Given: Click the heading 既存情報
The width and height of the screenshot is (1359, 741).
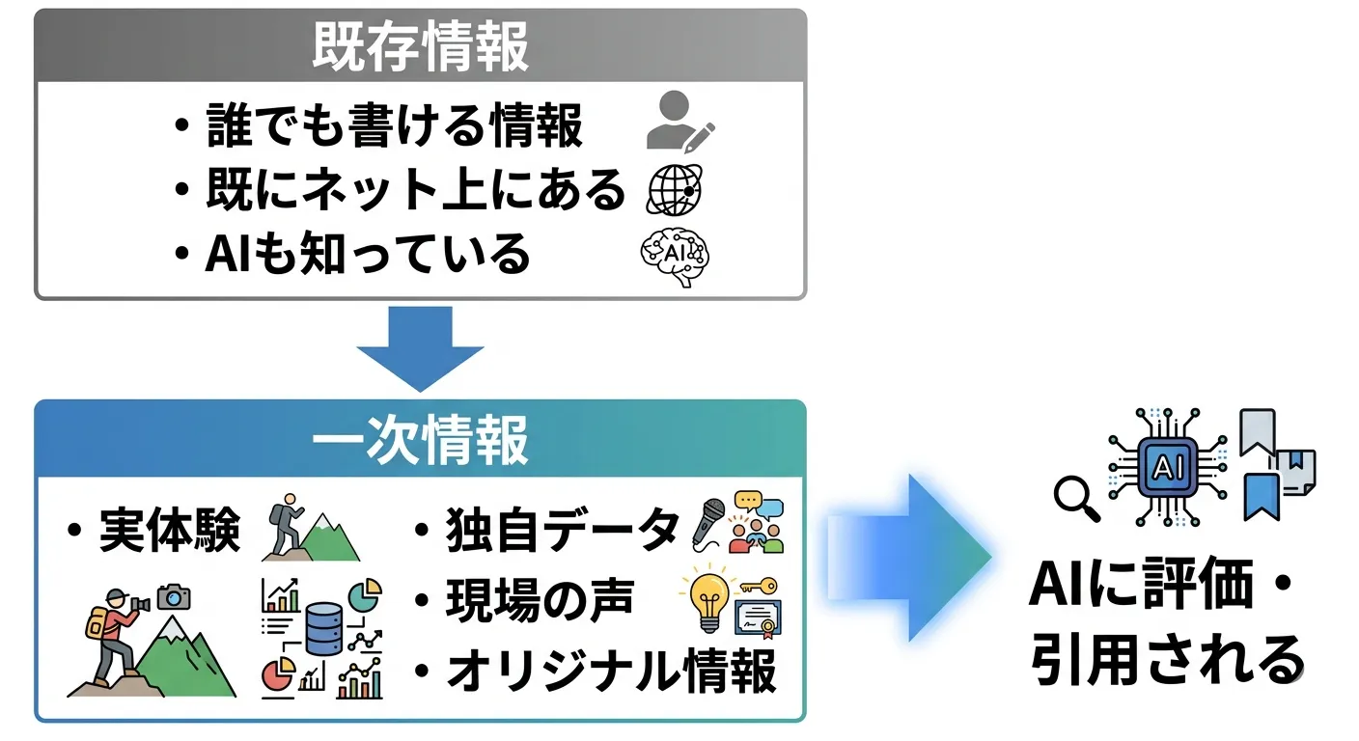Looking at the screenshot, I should tap(420, 46).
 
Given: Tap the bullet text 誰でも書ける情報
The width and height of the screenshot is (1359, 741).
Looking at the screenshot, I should tap(394, 126).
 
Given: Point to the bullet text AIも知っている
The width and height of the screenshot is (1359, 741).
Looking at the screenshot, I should tap(368, 253).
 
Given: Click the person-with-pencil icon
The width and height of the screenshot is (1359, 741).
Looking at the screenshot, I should tap(679, 122).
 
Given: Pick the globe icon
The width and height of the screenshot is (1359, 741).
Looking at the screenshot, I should tap(674, 189).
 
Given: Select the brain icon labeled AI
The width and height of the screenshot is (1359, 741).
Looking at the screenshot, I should tap(675, 253).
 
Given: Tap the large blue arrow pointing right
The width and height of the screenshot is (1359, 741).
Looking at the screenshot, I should tap(907, 557).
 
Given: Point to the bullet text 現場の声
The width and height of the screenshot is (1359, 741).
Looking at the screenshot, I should tap(539, 600).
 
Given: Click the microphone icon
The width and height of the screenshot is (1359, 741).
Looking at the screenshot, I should tap(709, 522).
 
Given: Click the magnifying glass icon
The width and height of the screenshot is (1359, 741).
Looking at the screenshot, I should tap(1075, 497).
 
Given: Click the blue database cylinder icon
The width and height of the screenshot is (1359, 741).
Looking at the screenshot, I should tap(322, 628).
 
